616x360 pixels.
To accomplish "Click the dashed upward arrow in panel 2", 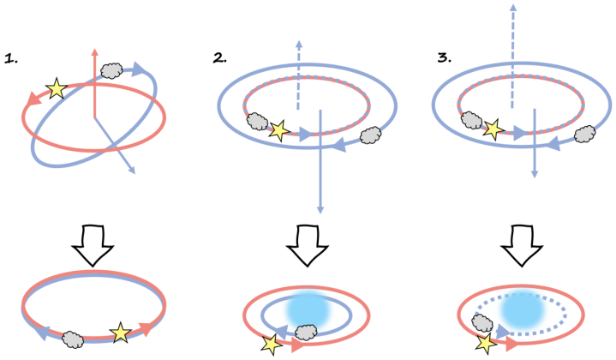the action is (x=298, y=73).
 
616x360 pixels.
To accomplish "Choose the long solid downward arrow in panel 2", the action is (x=320, y=163).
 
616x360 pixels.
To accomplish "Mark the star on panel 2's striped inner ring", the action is (x=277, y=130).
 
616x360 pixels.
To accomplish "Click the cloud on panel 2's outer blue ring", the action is (x=371, y=135).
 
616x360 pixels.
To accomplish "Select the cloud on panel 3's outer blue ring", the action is (x=584, y=135).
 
